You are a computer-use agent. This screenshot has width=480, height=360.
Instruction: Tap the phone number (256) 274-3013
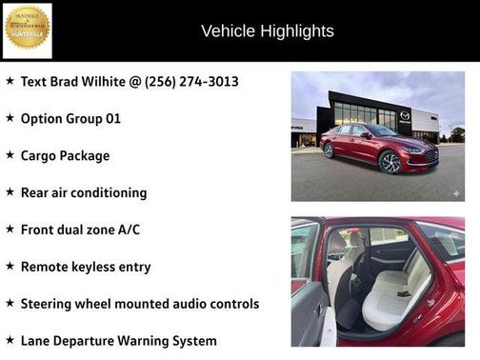[190, 82]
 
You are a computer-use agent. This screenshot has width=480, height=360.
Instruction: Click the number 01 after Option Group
[111, 119]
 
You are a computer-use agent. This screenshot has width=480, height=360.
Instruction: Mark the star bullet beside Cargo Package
[10, 154]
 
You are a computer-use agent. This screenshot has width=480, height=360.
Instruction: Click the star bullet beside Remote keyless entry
[10, 266]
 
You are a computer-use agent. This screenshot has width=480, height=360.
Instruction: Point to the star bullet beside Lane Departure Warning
[10, 339]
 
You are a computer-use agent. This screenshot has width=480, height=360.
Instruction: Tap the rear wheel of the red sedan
[329, 150]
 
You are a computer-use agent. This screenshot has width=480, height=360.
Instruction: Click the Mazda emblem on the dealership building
[405, 115]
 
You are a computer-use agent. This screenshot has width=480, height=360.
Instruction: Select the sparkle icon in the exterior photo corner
[455, 192]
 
